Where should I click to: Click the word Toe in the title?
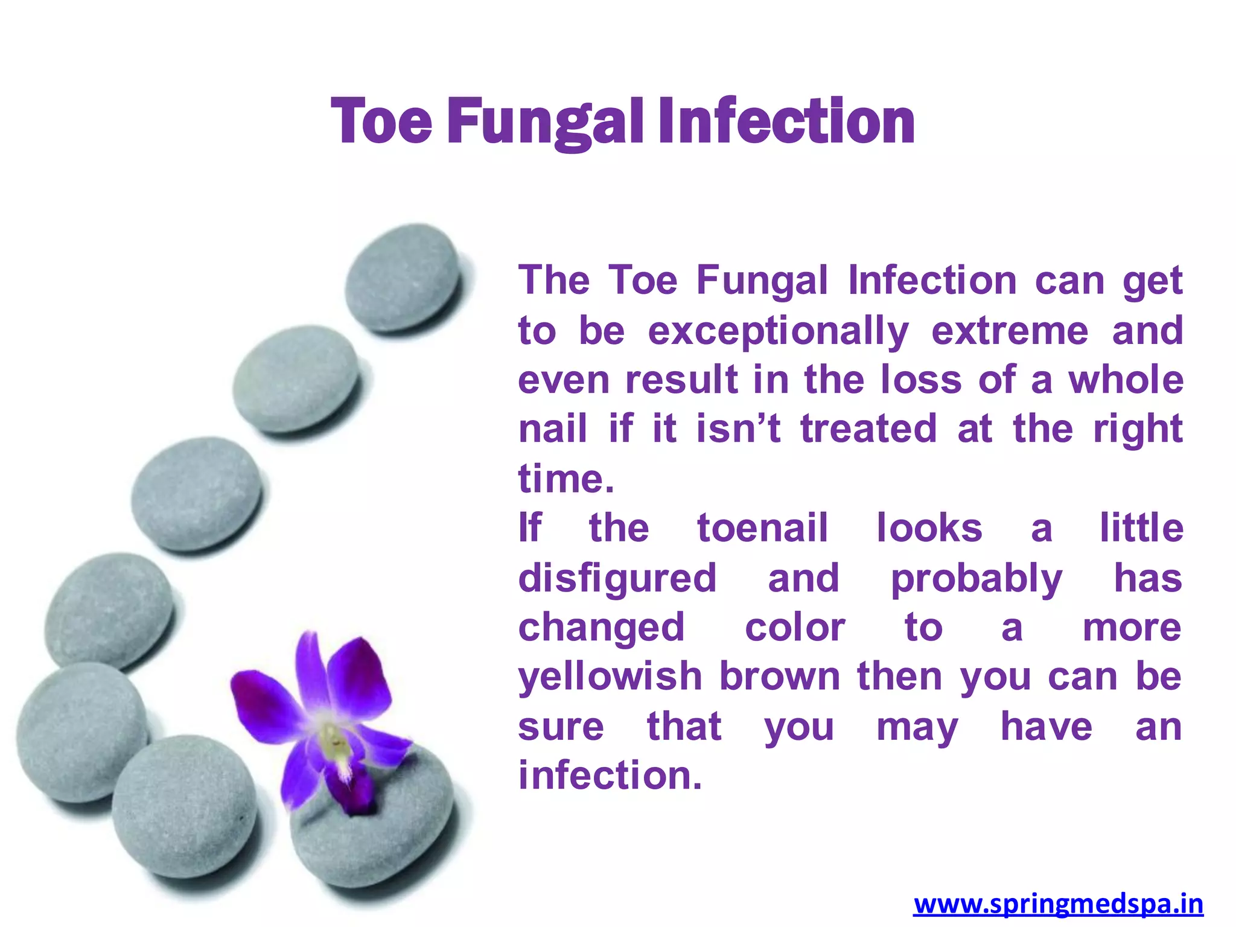[381, 122]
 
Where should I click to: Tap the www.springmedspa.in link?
[1058, 904]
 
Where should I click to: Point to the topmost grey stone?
[403, 278]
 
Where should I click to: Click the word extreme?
[1010, 331]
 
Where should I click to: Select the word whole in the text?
[1126, 380]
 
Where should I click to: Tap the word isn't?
[738, 429]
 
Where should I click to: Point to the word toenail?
[762, 528]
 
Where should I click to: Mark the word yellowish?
[610, 677]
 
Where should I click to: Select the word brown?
[780, 676]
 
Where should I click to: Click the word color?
[795, 628]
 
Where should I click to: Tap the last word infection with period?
[610, 776]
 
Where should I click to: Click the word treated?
[868, 429]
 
